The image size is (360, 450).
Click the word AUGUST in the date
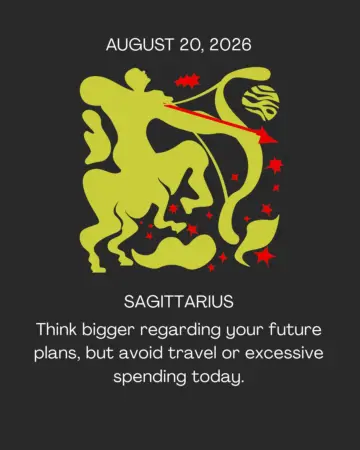[x=140, y=45]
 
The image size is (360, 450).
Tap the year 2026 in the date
[x=230, y=45]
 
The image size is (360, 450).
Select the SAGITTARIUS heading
[x=179, y=302]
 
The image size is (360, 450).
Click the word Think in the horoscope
[x=57, y=329]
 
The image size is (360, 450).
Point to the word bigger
[x=108, y=331]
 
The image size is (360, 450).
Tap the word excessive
[x=284, y=353]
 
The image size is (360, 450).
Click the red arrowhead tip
[x=277, y=142]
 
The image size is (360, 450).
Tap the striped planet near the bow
[x=260, y=103]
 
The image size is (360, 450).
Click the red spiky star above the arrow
[x=187, y=81]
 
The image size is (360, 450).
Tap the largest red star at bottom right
[x=265, y=257]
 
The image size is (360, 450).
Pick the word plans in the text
[x=57, y=354]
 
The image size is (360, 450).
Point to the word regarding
[x=180, y=331]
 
